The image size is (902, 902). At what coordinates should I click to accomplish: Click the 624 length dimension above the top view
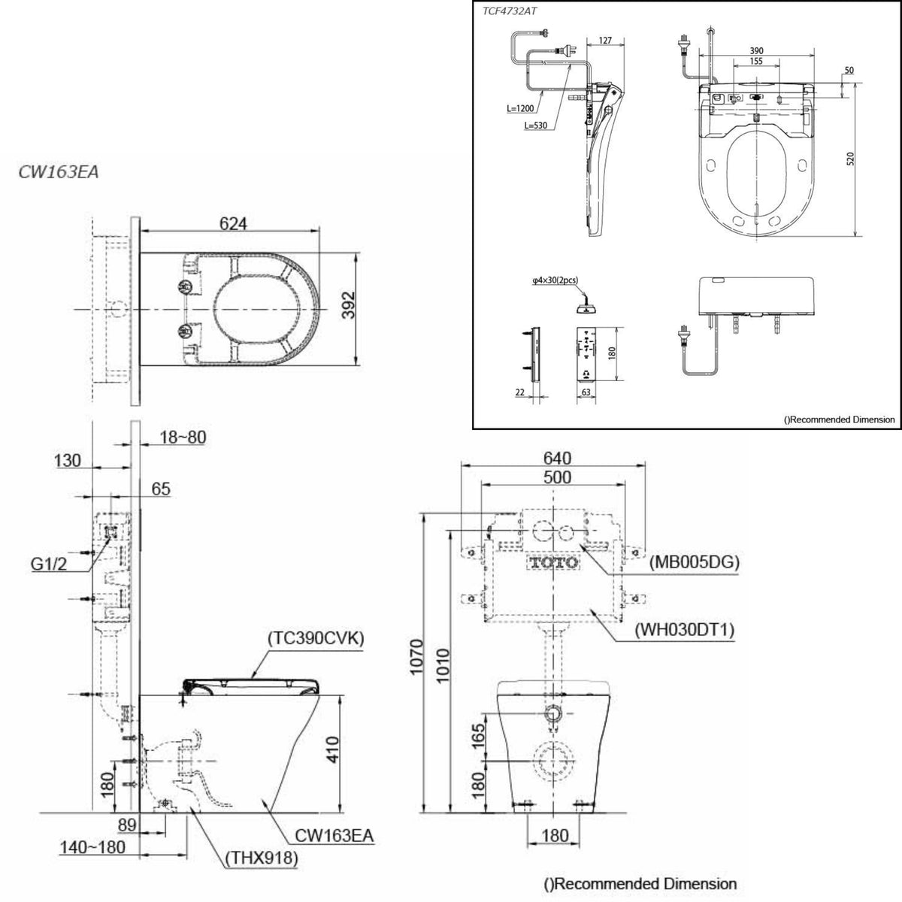[232, 223]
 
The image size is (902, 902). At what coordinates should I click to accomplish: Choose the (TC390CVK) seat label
[316, 638]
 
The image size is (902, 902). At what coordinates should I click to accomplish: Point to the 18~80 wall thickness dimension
[183, 437]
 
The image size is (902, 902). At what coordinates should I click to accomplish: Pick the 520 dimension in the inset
[851, 159]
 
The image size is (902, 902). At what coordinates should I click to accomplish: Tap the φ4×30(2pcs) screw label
[555, 280]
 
